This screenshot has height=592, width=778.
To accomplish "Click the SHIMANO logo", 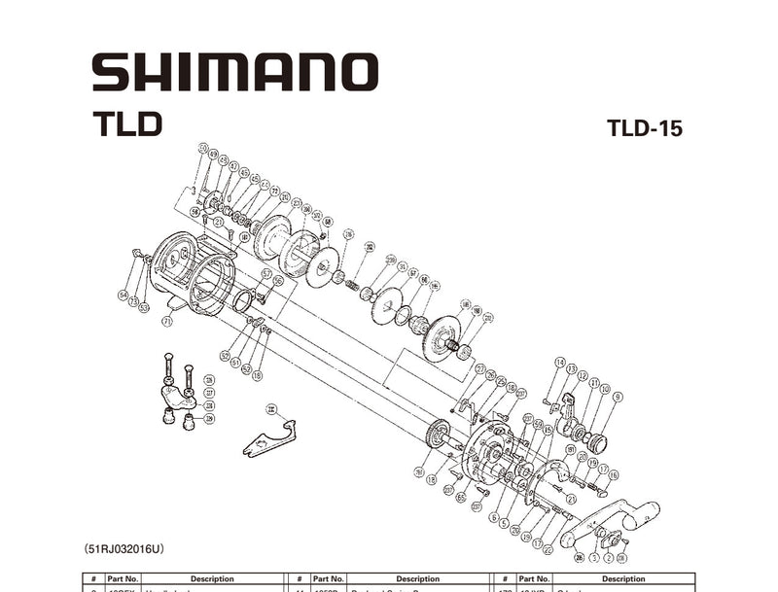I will click(x=233, y=73).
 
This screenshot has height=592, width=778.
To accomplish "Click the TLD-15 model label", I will click(x=644, y=129).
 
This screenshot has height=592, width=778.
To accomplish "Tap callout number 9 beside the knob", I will click(x=618, y=397).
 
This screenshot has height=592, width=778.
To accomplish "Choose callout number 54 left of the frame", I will click(x=124, y=295).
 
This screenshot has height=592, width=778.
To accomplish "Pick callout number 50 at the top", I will click(x=203, y=149).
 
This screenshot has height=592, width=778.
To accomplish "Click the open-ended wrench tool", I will click(x=267, y=435).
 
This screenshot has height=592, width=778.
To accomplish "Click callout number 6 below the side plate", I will click(x=493, y=518).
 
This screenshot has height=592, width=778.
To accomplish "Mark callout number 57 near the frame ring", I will click(x=266, y=274).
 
